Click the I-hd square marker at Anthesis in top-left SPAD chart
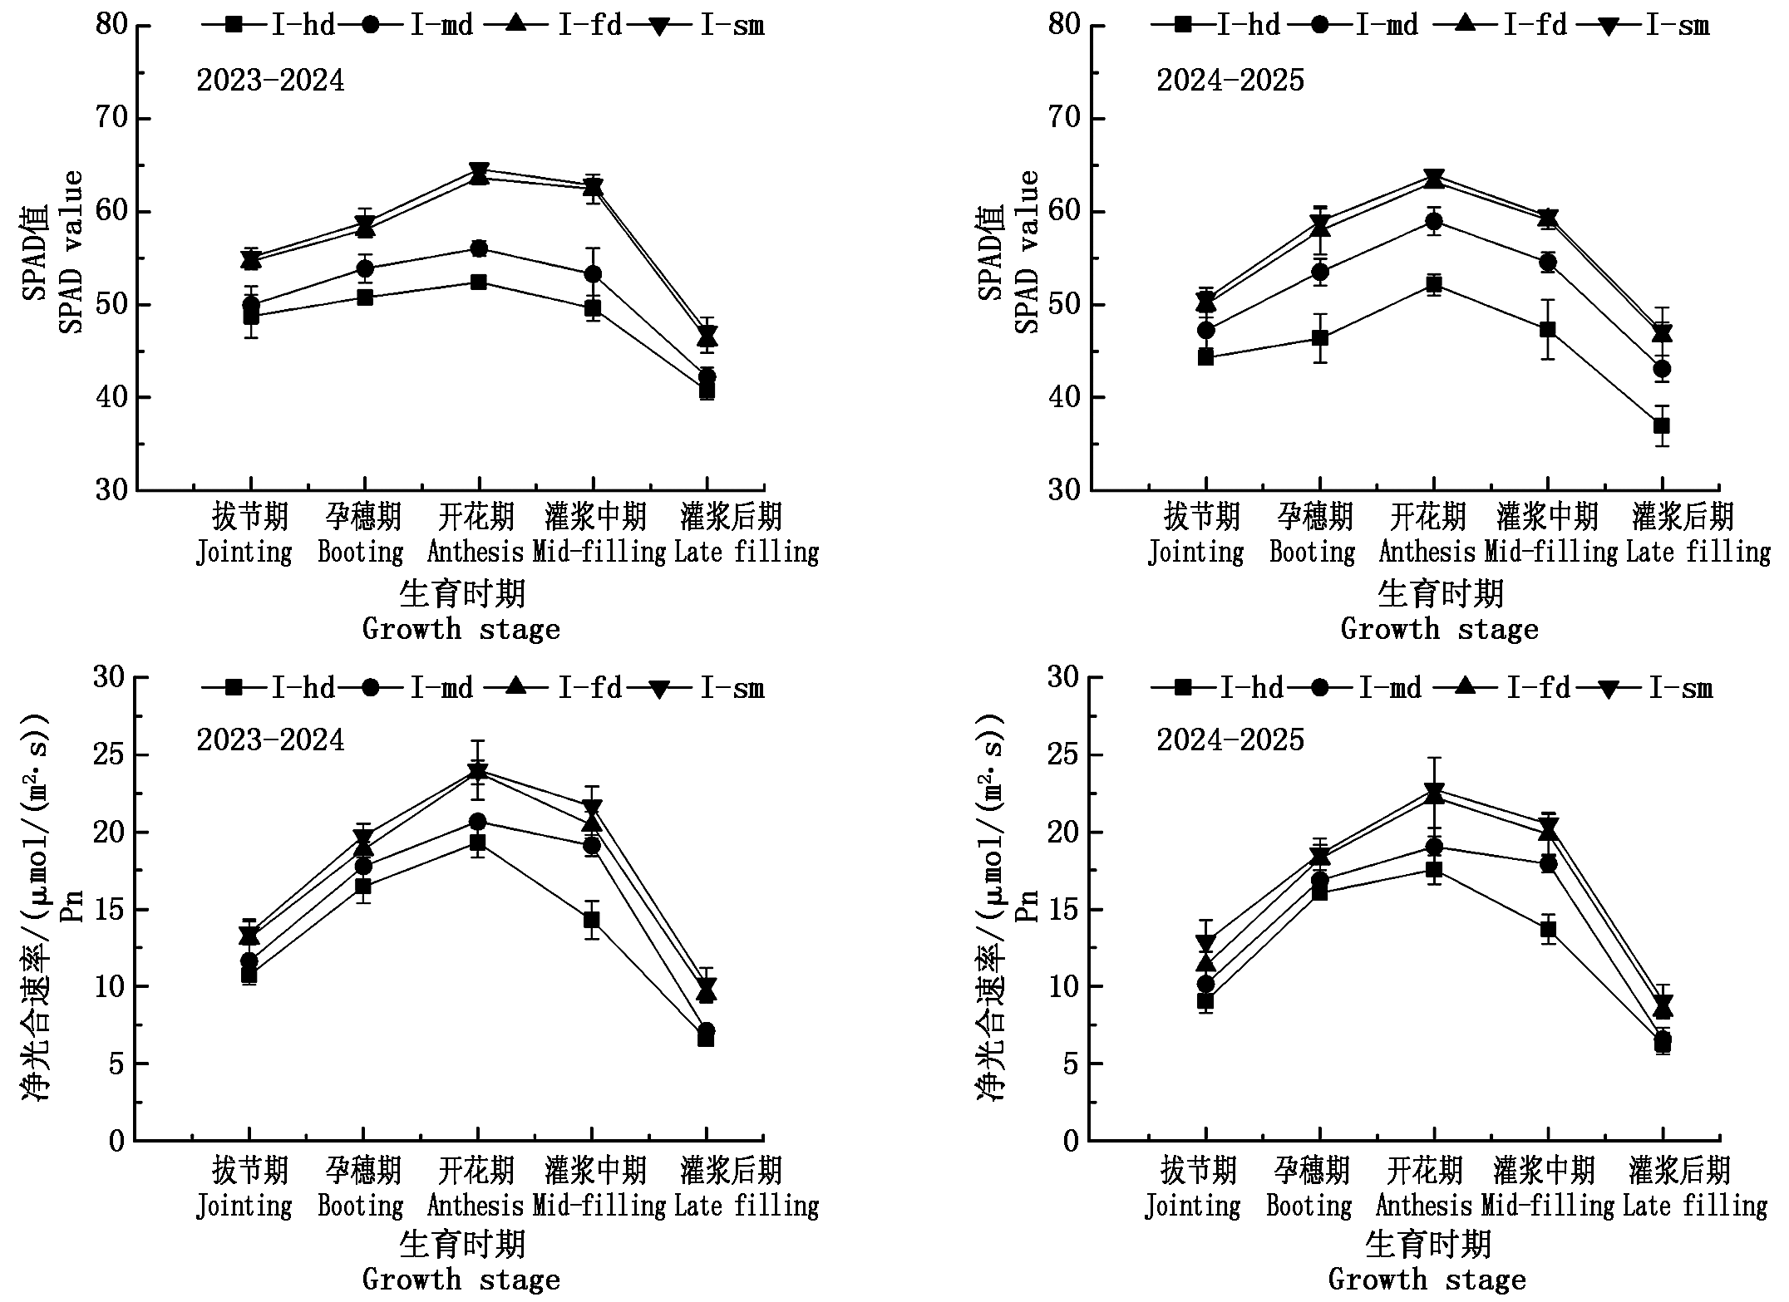coord(478,283)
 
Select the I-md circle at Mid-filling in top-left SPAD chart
coord(593,273)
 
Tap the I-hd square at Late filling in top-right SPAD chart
coord(1662,426)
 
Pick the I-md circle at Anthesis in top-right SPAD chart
coord(1433,221)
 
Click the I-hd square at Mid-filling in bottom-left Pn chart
coord(592,920)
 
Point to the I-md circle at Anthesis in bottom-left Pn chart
coord(478,822)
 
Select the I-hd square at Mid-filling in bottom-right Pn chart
coord(1548,930)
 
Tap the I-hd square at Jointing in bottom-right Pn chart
coord(1205,1000)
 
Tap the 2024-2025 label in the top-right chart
coord(1230,81)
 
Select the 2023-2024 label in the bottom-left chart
coord(270,739)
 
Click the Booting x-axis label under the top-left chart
coord(361,552)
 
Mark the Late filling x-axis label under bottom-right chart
coord(1695,1205)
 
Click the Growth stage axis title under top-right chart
coord(1440,629)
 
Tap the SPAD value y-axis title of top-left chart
coord(71,252)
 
